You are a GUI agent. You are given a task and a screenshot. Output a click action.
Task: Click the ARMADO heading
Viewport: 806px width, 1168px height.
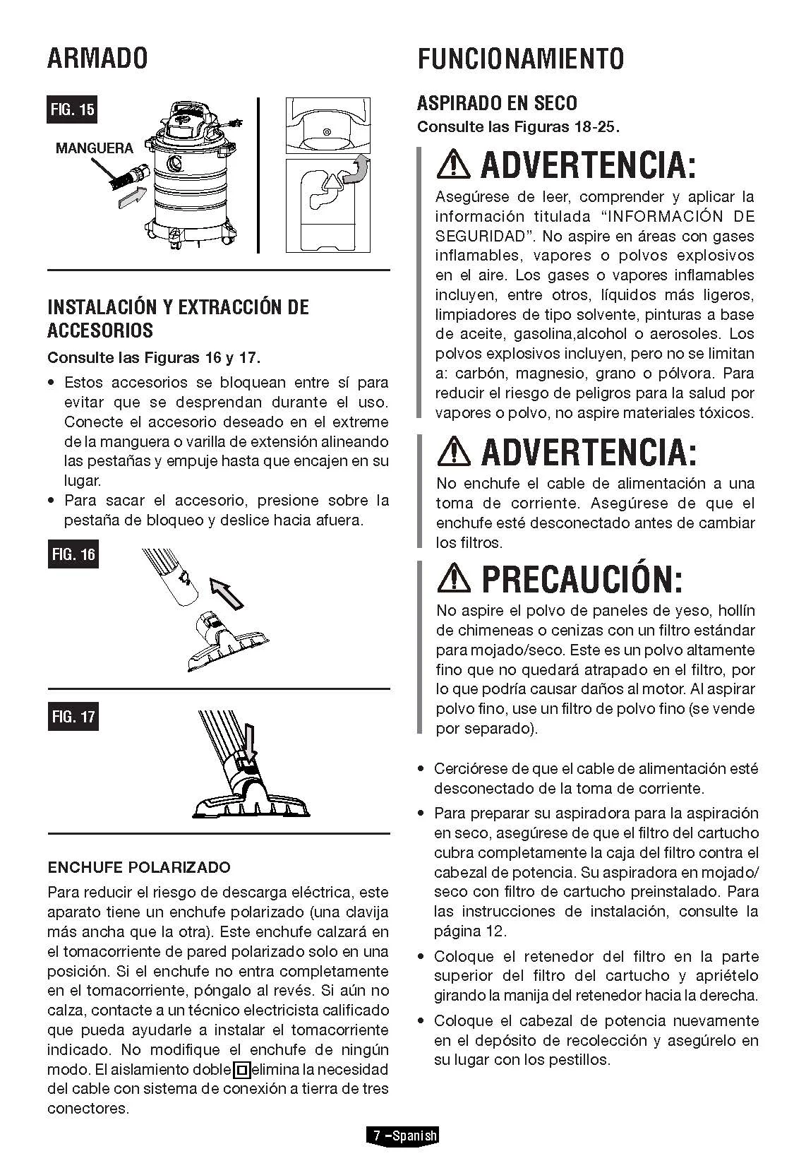click(97, 58)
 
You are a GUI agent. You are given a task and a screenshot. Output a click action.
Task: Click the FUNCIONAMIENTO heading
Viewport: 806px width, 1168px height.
click(520, 58)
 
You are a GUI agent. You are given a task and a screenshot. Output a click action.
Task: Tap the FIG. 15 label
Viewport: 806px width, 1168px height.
click(72, 109)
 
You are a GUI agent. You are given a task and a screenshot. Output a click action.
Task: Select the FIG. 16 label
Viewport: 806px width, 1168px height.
click(72, 554)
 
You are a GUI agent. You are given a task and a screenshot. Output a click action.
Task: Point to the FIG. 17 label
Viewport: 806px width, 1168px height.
click(72, 717)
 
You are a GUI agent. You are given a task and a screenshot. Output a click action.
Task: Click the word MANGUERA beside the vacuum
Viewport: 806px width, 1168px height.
click(94, 148)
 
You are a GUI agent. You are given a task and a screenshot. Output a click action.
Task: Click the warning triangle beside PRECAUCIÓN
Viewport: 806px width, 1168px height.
click(454, 579)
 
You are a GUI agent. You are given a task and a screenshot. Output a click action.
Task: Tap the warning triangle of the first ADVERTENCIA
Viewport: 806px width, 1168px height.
click(454, 165)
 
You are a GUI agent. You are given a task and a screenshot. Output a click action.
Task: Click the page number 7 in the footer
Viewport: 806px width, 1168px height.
click(377, 1136)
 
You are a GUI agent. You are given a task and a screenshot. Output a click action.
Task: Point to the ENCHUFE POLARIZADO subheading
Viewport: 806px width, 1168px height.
click(139, 866)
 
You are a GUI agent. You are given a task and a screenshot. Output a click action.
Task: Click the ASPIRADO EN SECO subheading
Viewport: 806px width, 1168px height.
click(497, 103)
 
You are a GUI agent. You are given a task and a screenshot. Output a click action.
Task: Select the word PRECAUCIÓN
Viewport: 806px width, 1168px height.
click(582, 579)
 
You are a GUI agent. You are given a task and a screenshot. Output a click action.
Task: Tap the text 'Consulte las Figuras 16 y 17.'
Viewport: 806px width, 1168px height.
click(153, 357)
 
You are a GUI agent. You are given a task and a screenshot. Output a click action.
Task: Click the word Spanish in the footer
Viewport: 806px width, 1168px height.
click(414, 1136)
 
